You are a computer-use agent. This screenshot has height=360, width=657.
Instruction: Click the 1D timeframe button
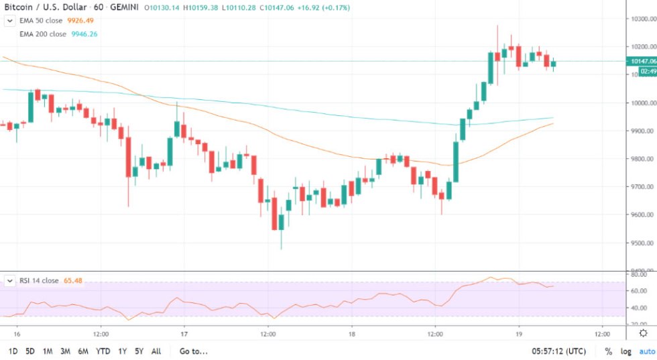tap(13, 351)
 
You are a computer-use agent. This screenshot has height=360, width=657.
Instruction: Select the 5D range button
tap(30, 351)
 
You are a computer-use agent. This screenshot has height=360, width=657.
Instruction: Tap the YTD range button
tap(103, 351)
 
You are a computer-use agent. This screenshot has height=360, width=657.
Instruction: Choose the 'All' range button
tap(156, 351)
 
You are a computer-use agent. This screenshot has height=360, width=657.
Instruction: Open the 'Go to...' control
tap(194, 351)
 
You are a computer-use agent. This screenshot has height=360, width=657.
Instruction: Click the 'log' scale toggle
tap(625, 351)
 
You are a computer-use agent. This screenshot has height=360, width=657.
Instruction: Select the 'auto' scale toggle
tap(646, 351)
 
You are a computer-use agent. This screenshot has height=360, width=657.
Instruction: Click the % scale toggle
tap(608, 351)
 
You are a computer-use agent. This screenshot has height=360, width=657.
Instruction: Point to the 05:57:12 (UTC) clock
tap(558, 351)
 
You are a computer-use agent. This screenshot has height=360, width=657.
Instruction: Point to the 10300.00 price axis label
tap(641, 19)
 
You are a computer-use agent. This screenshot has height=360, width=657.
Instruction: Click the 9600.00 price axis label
tap(641, 215)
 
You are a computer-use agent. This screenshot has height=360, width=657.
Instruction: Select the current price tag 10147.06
tap(641, 61)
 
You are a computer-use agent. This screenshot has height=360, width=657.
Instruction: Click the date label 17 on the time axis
tap(184, 333)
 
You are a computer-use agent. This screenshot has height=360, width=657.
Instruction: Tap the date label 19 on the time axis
tap(518, 333)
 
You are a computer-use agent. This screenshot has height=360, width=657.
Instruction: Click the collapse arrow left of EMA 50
tap(9, 20)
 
